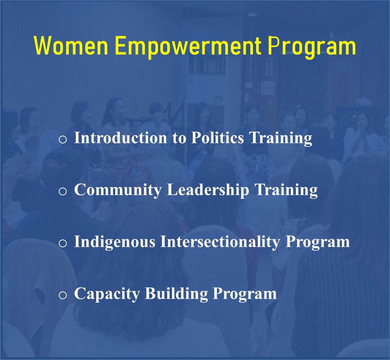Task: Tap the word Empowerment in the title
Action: coord(188,48)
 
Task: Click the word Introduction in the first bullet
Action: coord(121,137)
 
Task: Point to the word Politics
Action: coord(218,137)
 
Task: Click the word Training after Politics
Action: coord(281,138)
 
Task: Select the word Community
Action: coord(118,190)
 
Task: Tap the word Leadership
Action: coord(208,190)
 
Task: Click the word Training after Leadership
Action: coord(287,190)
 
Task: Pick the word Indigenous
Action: coord(115,242)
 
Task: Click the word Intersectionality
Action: coord(220,242)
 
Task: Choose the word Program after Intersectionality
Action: coord(318,243)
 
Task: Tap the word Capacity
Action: coord(107,294)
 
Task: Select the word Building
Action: coord(176,294)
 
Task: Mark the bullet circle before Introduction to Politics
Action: coord(63,139)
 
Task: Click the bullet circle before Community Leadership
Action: coord(63,192)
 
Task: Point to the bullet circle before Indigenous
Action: coord(63,243)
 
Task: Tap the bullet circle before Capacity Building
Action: coord(63,295)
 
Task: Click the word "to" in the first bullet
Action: coord(179,138)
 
